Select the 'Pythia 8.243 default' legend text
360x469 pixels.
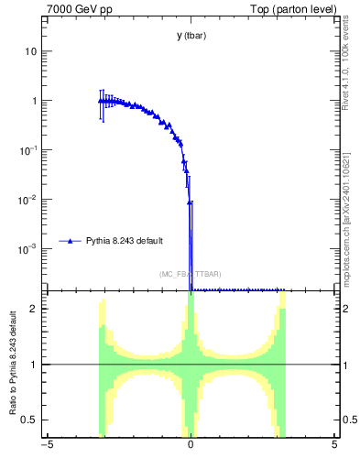click(x=125, y=241)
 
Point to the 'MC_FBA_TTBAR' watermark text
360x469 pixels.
click(x=191, y=274)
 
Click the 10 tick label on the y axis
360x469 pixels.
click(x=31, y=51)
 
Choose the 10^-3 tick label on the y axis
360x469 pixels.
click(x=28, y=248)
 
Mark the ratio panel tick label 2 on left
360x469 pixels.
click(x=34, y=309)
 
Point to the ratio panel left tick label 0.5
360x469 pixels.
click(x=30, y=420)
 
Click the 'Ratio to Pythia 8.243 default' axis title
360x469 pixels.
click(x=12, y=364)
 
